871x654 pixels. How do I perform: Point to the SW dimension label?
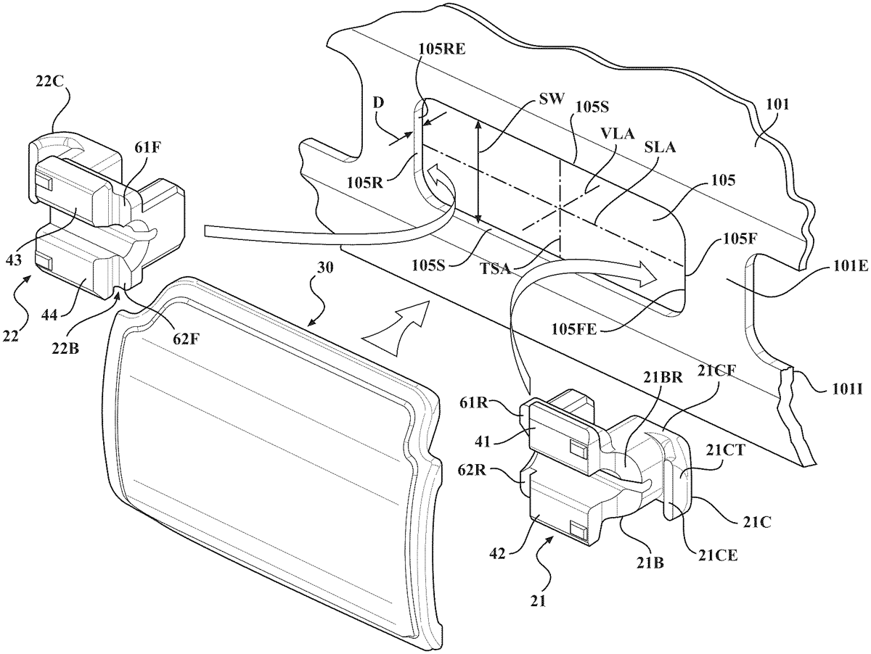(x=551, y=99)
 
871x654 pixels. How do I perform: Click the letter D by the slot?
(x=379, y=103)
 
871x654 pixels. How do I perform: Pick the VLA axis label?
(x=618, y=133)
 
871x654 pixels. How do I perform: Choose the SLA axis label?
(x=660, y=148)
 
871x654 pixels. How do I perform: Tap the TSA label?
(x=495, y=269)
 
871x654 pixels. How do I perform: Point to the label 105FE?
(x=574, y=329)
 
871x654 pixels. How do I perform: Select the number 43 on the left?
(x=14, y=260)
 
